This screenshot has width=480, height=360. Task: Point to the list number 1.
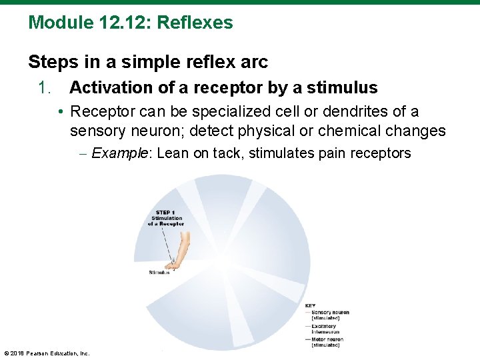coord(45,87)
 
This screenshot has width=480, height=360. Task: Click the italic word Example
coord(121,153)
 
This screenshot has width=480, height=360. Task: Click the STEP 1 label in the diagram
coord(165,213)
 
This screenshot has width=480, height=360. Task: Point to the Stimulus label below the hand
coord(159,273)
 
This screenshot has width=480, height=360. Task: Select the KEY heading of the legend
coord(310,306)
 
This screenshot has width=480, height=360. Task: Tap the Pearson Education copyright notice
coord(47,353)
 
